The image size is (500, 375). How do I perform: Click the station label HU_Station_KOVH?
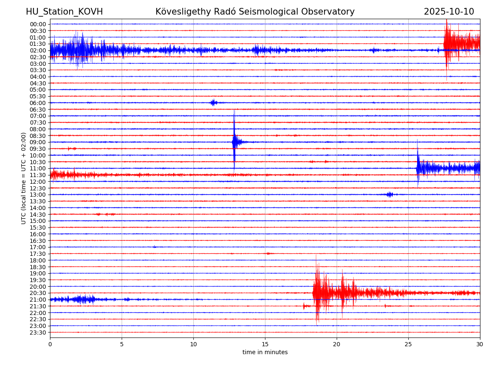click(x=64, y=12)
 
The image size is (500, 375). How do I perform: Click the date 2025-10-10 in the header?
click(x=449, y=12)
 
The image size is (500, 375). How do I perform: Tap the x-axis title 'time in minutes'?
click(x=265, y=352)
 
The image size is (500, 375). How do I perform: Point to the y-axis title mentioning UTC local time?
click(x=24, y=178)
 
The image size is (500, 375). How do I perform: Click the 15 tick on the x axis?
click(x=265, y=345)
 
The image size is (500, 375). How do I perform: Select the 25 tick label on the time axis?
click(x=408, y=345)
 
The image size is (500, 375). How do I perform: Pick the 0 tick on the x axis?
click(x=50, y=345)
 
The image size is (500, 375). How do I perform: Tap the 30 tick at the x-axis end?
click(x=480, y=345)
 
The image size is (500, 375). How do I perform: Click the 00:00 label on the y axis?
click(x=38, y=24)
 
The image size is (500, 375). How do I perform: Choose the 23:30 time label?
click(x=38, y=332)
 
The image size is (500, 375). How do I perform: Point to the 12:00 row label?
click(x=38, y=182)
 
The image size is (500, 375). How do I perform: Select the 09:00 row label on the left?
click(x=38, y=142)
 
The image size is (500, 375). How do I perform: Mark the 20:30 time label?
click(x=38, y=293)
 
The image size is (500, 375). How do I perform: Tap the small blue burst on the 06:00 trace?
click(x=213, y=102)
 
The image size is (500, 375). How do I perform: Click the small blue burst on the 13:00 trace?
click(x=390, y=195)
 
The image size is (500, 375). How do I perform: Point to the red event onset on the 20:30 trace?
click(x=314, y=293)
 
